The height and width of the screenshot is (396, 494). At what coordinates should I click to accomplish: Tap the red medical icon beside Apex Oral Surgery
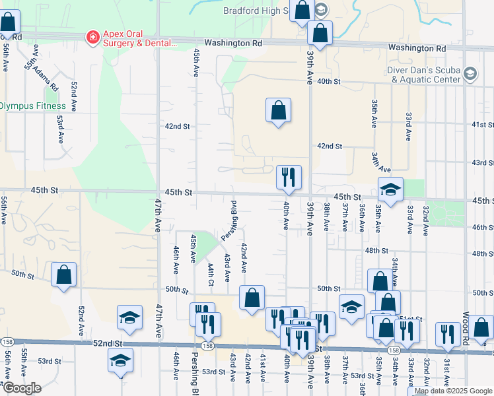click(94, 38)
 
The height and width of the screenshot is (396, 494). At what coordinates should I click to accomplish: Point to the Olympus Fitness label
click(32, 106)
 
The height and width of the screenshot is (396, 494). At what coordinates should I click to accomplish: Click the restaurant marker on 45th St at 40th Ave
click(289, 176)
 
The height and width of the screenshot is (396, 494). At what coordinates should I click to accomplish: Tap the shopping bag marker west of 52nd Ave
click(63, 275)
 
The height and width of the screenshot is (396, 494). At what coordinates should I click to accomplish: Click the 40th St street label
click(328, 81)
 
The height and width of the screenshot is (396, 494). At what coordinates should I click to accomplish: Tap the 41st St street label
click(482, 124)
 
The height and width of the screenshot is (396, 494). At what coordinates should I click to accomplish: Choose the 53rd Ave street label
click(60, 122)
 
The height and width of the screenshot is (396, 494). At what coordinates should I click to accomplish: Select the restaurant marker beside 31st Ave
click(449, 334)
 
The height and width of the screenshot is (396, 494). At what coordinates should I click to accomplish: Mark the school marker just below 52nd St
click(120, 360)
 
